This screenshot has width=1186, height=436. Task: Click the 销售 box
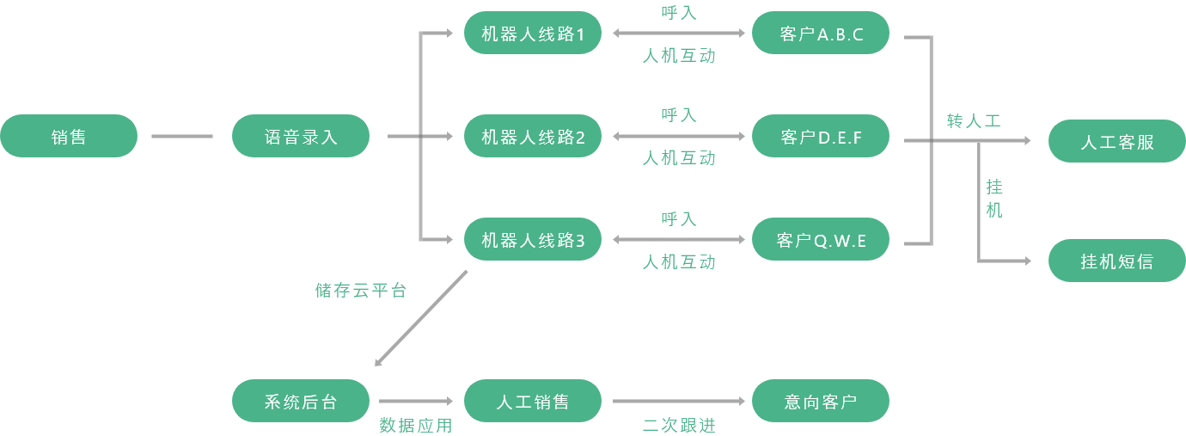click(x=69, y=136)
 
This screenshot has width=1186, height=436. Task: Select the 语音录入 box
click(x=301, y=136)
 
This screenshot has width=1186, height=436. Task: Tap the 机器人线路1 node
click(x=533, y=34)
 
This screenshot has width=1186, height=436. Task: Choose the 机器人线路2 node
click(x=533, y=137)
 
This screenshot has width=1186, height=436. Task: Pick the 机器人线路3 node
click(x=533, y=240)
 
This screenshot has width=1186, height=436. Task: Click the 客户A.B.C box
click(x=821, y=34)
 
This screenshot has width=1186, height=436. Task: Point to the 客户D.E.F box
click(x=821, y=137)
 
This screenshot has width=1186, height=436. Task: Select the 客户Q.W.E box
click(x=821, y=240)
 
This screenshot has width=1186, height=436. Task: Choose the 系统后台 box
click(x=301, y=402)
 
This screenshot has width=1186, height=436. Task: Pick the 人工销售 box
click(x=533, y=402)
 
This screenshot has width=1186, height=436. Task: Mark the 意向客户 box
click(x=821, y=402)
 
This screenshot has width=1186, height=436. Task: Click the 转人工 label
click(x=974, y=120)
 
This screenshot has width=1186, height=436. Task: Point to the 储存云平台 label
click(x=361, y=291)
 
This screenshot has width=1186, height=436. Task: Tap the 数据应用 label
click(x=416, y=426)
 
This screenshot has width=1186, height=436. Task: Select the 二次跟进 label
click(x=679, y=426)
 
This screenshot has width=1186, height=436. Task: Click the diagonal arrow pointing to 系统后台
click(x=421, y=318)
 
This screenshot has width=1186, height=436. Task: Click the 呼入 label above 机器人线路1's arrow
click(x=679, y=12)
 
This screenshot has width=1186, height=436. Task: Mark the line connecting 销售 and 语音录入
click(x=182, y=136)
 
